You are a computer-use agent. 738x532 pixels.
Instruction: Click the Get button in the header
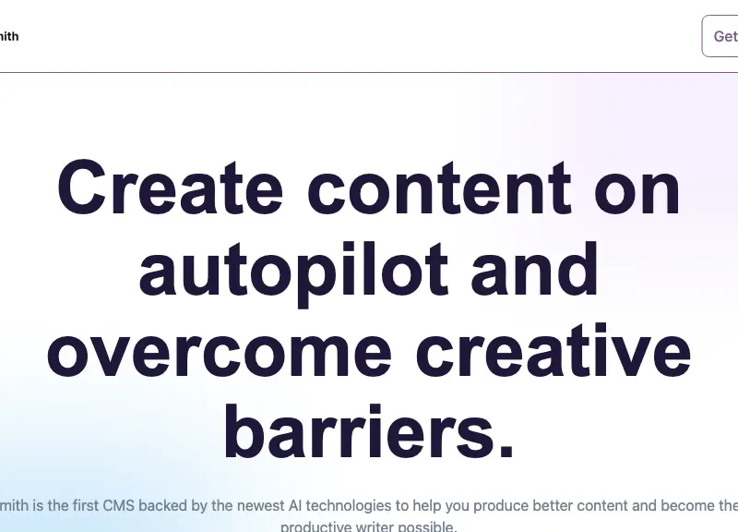pos(723,36)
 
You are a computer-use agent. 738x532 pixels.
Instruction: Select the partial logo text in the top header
pos(8,36)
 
